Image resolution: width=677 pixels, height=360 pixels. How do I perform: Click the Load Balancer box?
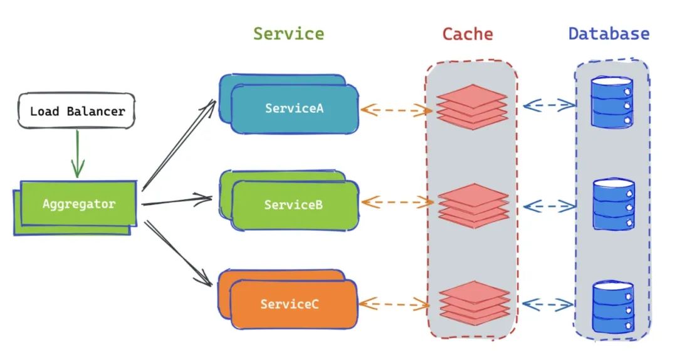pyautogui.click(x=76, y=110)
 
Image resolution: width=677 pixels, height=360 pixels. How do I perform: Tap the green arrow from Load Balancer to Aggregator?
pyautogui.click(x=78, y=154)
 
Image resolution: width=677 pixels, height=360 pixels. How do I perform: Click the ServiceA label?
pyautogui.click(x=294, y=108)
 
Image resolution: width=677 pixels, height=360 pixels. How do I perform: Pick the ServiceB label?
pyautogui.click(x=293, y=204)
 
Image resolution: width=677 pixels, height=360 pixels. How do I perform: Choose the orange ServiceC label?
pyautogui.click(x=289, y=304)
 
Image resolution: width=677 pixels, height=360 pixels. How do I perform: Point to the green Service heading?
pyautogui.click(x=288, y=34)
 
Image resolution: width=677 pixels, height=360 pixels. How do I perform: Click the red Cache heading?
pyautogui.click(x=468, y=34)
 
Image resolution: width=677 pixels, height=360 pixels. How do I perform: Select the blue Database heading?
pyautogui.click(x=609, y=34)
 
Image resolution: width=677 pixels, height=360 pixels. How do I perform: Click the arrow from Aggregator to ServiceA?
pyautogui.click(x=179, y=145)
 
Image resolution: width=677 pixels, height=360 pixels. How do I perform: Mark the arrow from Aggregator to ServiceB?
pyautogui.click(x=177, y=201)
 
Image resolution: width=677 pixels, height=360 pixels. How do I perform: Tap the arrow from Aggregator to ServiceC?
pyautogui.click(x=178, y=253)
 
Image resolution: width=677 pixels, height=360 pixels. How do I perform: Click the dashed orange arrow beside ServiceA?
pyautogui.click(x=396, y=110)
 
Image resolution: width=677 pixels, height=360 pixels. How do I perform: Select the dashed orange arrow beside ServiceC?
pyautogui.click(x=394, y=304)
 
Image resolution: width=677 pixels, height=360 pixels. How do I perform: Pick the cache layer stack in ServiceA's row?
pyautogui.click(x=471, y=107)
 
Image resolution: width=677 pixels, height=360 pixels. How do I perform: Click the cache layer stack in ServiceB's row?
pyautogui.click(x=473, y=206)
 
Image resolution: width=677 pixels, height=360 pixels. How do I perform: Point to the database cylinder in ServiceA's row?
pyautogui.click(x=612, y=102)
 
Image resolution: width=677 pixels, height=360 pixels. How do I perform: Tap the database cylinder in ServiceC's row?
pyautogui.click(x=612, y=307)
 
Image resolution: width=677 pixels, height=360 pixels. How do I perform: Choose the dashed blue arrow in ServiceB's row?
pyautogui.click(x=549, y=206)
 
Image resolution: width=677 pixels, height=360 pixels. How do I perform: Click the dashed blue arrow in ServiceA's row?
pyautogui.click(x=548, y=105)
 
